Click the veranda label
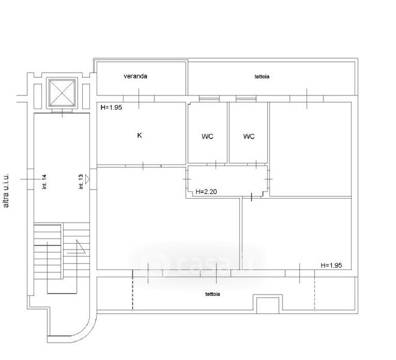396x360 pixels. [x=136, y=76]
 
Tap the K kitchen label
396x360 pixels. [x=139, y=135]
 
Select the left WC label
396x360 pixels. [x=208, y=136]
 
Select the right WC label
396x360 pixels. [x=249, y=136]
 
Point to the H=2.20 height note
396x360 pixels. [x=206, y=192]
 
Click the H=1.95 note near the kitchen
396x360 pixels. [x=111, y=107]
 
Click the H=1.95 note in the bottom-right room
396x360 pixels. [x=331, y=265]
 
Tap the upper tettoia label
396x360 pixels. [x=262, y=76]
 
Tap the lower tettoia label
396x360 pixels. [x=212, y=294]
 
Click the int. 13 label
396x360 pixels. [x=81, y=182]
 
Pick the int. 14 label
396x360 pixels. [x=44, y=182]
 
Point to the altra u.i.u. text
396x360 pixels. [x=6, y=190]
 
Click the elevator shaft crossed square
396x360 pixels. [x=62, y=93]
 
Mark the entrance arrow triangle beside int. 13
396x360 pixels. [x=88, y=179]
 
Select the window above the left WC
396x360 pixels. [x=209, y=99]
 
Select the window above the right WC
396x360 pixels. [x=246, y=99]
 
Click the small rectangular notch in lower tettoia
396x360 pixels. [x=268, y=304]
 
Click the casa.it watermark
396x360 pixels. [x=198, y=265]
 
